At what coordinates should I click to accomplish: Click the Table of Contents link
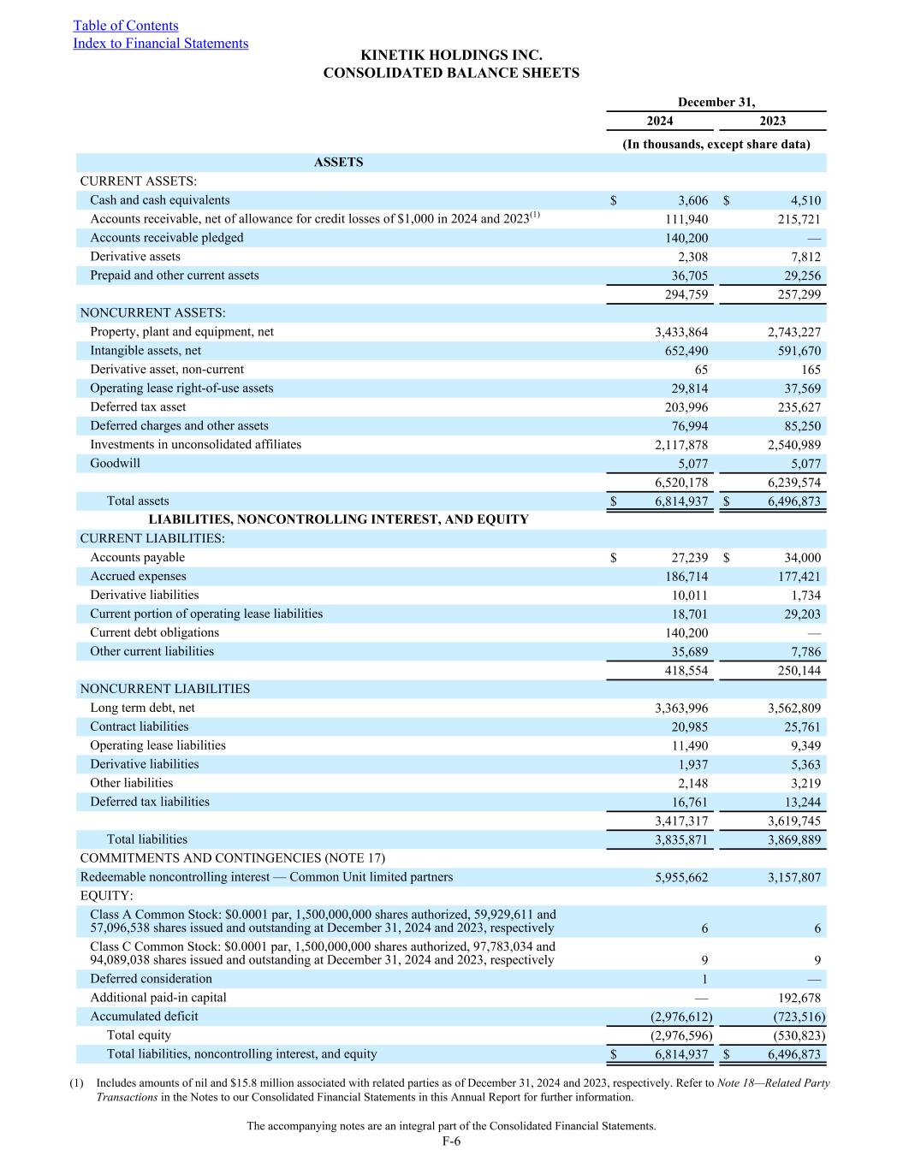(126, 26)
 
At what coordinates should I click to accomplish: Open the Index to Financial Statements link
(160, 44)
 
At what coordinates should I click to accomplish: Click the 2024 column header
(659, 122)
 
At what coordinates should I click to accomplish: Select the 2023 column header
(772, 122)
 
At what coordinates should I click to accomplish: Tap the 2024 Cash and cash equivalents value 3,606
(692, 201)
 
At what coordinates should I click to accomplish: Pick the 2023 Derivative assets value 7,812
(805, 257)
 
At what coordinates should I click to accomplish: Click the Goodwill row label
(115, 464)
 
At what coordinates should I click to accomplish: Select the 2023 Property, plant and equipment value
(794, 332)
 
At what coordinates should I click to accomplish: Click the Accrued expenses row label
(138, 577)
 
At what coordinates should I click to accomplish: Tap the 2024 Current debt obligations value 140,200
(686, 633)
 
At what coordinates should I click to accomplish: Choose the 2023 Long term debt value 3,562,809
(794, 709)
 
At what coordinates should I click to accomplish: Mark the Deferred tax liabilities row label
(150, 802)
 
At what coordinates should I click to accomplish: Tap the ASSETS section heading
(339, 163)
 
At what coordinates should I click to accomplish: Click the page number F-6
(451, 1141)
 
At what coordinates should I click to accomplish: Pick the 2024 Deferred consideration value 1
(704, 979)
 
